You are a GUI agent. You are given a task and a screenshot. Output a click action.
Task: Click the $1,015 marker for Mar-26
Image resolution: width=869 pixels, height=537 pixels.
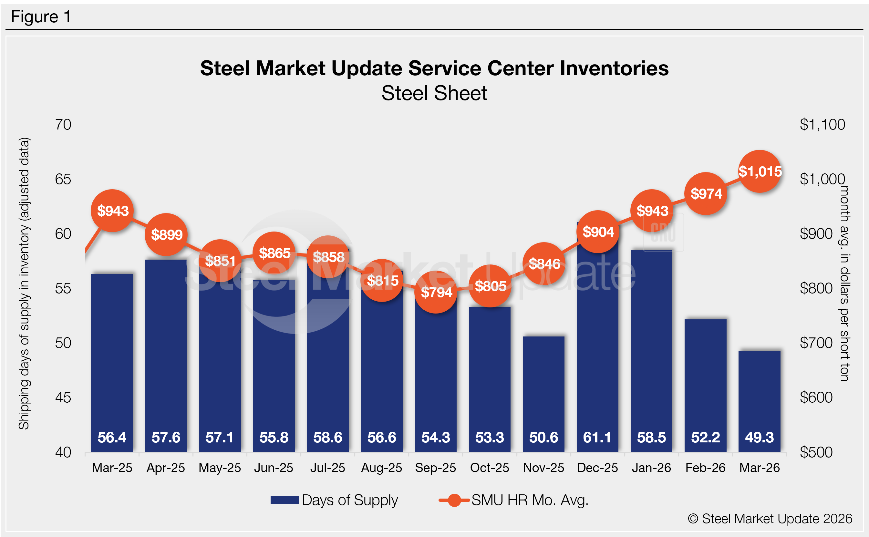tap(760, 171)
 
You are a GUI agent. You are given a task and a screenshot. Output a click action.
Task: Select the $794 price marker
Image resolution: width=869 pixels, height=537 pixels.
tap(436, 292)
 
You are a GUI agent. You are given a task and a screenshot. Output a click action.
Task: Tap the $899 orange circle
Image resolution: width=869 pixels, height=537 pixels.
tap(166, 235)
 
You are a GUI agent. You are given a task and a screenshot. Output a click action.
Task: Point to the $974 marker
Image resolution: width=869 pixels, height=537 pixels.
tap(706, 193)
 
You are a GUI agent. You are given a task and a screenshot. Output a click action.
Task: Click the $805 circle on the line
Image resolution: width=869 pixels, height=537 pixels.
tap(490, 286)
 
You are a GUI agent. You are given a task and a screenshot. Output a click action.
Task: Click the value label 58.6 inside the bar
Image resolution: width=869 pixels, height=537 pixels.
tap(327, 438)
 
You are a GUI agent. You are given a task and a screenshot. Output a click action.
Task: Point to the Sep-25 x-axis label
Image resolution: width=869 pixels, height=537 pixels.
tap(435, 468)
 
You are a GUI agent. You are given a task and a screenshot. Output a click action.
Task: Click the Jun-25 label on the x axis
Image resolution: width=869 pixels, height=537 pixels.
tap(274, 468)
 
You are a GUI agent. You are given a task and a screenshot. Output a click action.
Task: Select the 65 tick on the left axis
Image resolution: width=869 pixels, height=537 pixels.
tap(63, 179)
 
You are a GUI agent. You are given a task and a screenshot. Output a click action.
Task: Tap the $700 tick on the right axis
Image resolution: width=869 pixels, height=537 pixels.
tap(816, 343)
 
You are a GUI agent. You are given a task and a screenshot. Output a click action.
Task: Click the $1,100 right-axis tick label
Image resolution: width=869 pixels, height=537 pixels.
tap(822, 125)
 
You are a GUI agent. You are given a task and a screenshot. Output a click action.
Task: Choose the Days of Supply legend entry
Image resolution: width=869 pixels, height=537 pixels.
tap(334, 500)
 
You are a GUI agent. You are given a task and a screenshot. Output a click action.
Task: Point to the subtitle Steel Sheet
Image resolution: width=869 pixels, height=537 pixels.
tap(434, 93)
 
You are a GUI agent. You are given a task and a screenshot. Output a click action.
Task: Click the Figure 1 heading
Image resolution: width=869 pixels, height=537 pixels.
tap(41, 17)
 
